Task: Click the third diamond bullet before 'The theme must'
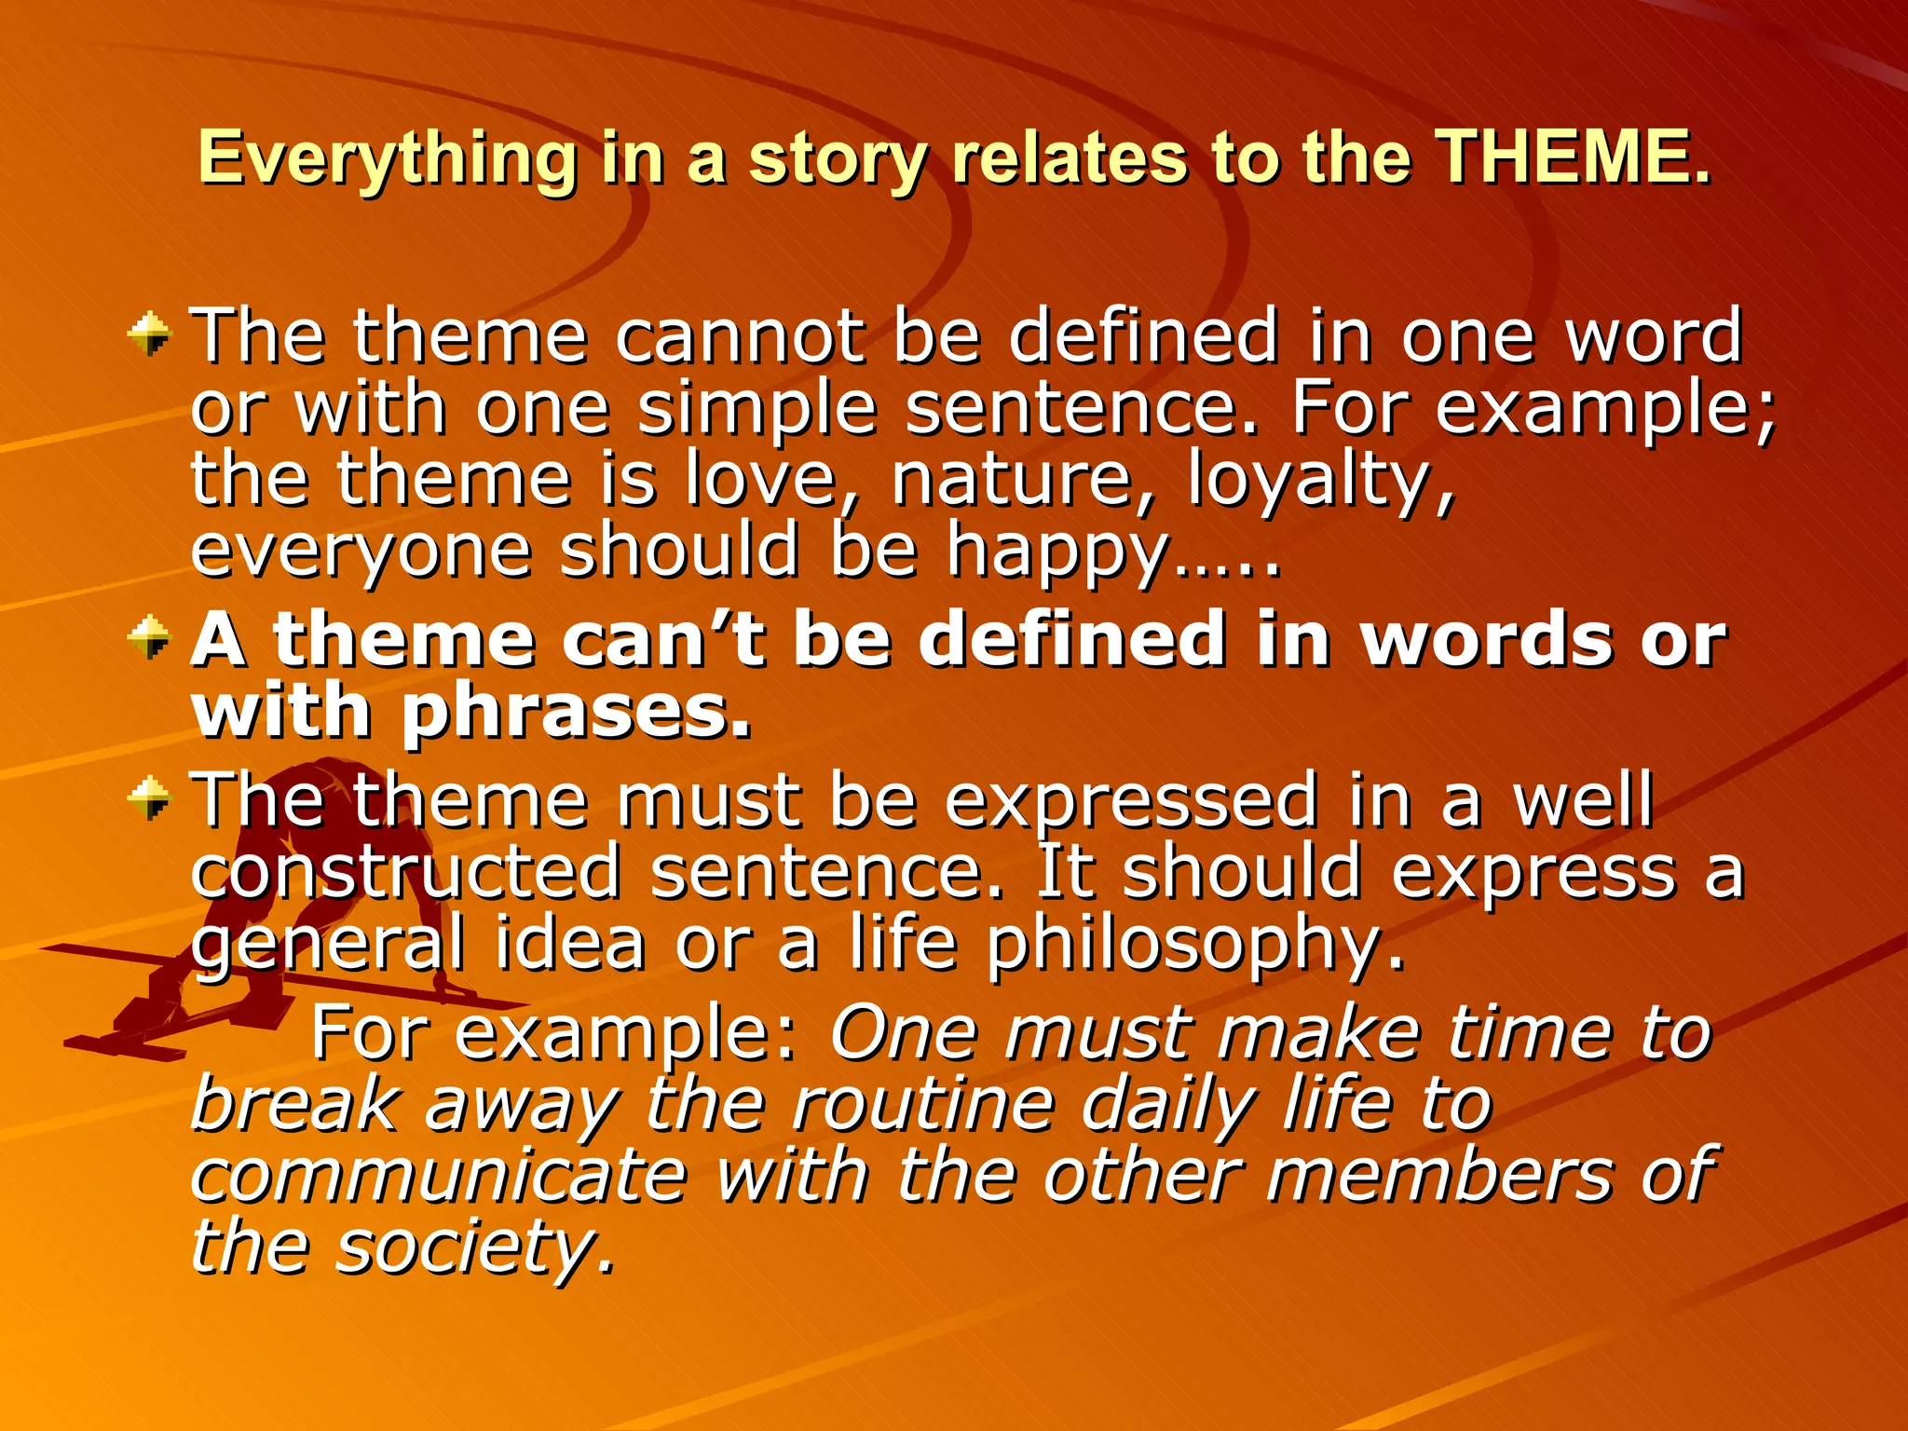[x=150, y=799]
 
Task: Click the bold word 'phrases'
[x=576, y=713]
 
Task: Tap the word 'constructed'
[x=406, y=873]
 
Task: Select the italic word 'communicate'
[x=438, y=1176]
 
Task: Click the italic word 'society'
[x=475, y=1248]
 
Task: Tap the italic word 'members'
[x=1438, y=1176]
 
